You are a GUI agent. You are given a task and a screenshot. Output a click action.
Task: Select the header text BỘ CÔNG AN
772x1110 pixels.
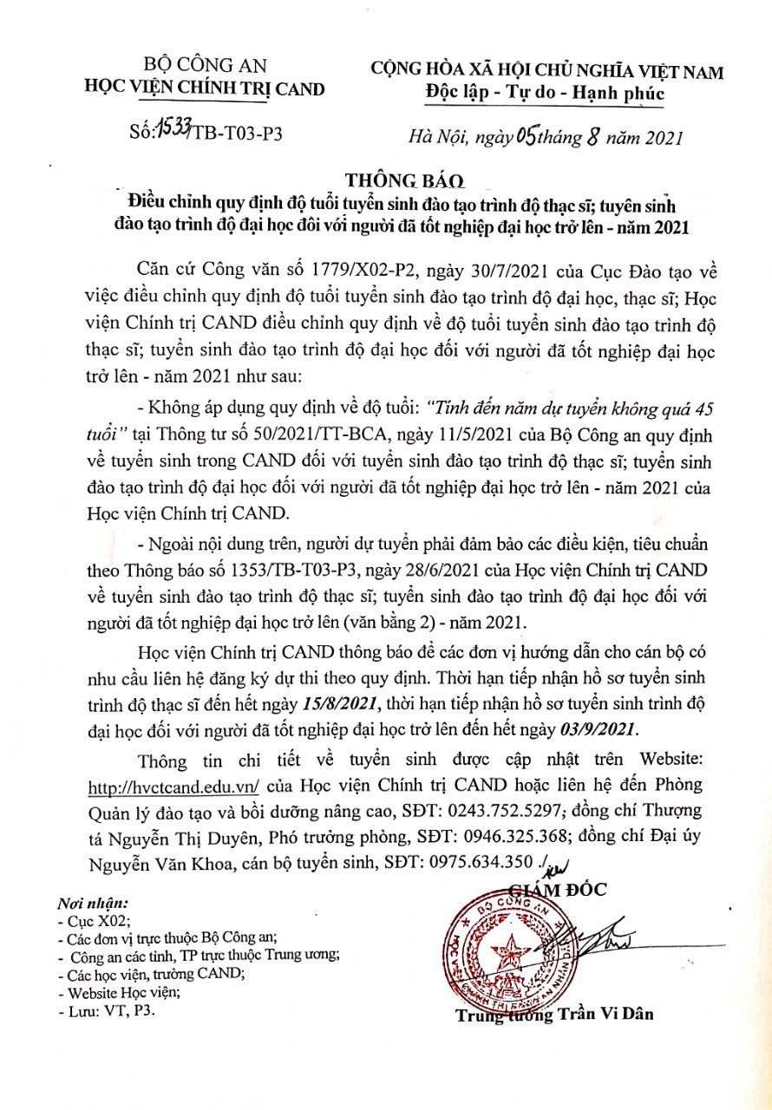[205, 65]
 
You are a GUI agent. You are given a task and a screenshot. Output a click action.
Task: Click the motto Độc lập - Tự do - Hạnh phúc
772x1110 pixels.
[546, 93]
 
